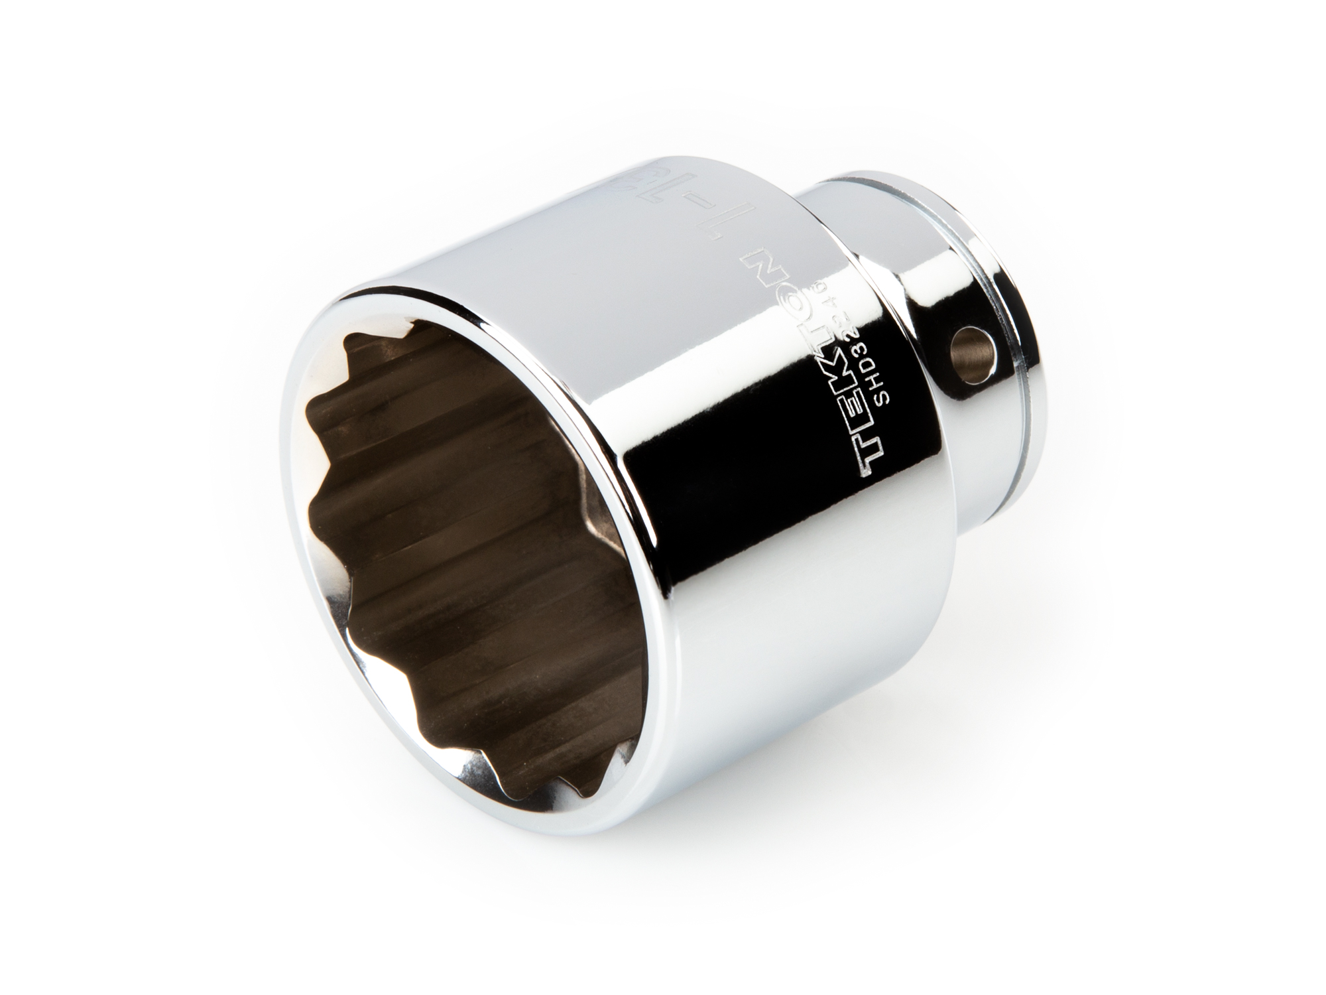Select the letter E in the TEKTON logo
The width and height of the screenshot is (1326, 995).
point(860,405)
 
